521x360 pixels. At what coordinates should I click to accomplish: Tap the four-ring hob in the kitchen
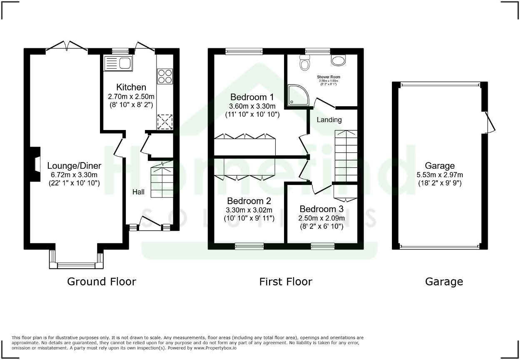(x=165, y=77)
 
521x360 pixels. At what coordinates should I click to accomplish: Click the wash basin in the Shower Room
(x=338, y=60)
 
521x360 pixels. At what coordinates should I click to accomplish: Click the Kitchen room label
(x=131, y=87)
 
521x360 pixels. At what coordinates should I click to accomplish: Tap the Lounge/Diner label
(x=74, y=165)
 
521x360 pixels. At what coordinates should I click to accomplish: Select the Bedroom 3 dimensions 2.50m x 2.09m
(x=322, y=218)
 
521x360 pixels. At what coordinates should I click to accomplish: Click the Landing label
(x=329, y=120)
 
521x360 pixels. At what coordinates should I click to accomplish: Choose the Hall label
(x=139, y=192)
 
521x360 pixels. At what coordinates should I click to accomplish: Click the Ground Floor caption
(x=102, y=282)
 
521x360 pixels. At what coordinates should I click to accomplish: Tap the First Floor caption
(x=285, y=282)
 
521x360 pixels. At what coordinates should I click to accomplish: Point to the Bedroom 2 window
(x=249, y=246)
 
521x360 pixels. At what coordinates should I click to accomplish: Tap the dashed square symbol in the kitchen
(x=165, y=122)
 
